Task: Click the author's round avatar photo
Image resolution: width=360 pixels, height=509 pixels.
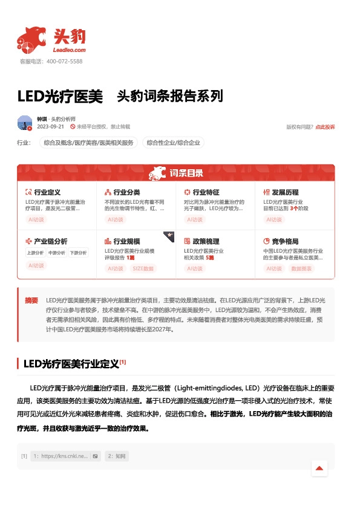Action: (25, 123)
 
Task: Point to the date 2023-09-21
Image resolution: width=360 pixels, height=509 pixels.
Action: (51, 127)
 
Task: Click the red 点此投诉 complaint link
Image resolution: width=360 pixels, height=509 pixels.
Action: (325, 127)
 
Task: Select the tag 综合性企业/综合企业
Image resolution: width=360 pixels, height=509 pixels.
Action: (174, 143)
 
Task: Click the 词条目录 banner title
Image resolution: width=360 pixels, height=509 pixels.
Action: (186, 173)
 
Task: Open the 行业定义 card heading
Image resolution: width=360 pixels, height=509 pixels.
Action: (47, 192)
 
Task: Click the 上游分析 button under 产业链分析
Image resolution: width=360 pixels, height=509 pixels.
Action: (34, 253)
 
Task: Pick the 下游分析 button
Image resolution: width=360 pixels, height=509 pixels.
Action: (78, 253)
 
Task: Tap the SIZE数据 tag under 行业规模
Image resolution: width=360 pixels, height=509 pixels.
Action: (143, 268)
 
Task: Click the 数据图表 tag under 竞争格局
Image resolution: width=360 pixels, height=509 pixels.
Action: (301, 268)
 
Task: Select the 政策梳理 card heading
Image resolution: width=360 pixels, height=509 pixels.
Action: (205, 241)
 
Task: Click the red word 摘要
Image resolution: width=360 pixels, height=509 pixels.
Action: (31, 300)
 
